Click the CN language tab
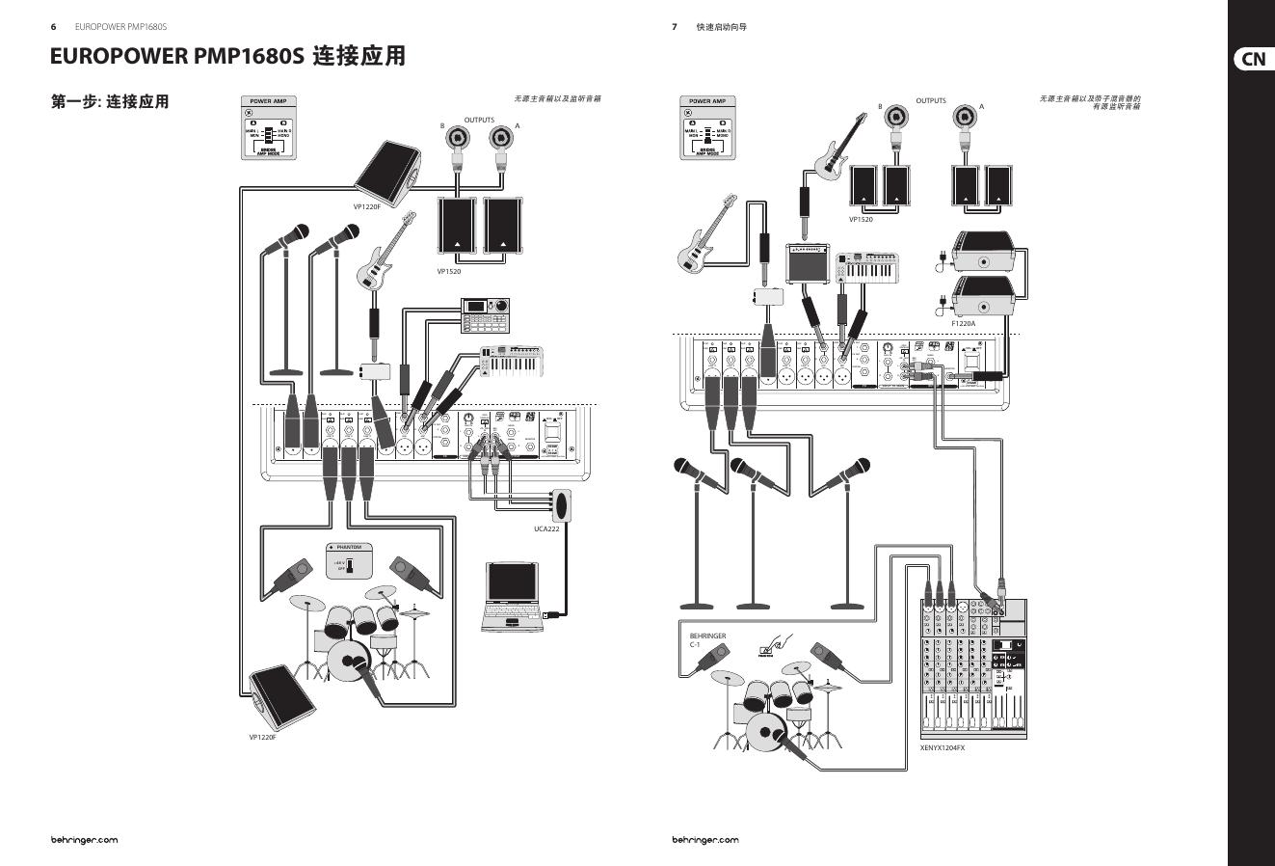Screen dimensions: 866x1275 (x=1253, y=59)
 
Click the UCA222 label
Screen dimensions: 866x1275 (x=546, y=528)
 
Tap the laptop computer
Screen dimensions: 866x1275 (x=512, y=597)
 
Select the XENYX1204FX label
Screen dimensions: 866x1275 (x=942, y=747)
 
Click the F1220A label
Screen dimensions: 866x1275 (x=963, y=323)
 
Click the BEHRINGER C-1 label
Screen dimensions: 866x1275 (x=707, y=640)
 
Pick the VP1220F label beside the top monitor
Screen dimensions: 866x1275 (x=367, y=206)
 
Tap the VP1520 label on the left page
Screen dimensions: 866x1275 (x=449, y=271)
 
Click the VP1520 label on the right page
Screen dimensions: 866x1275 (x=861, y=219)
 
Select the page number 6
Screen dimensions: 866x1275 (x=54, y=27)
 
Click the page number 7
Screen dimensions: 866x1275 (x=675, y=27)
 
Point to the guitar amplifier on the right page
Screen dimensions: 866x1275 (x=808, y=263)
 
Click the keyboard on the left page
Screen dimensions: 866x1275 (x=512, y=362)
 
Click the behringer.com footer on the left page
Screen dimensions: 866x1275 (x=85, y=839)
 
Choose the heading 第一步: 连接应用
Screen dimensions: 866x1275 (x=110, y=101)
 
